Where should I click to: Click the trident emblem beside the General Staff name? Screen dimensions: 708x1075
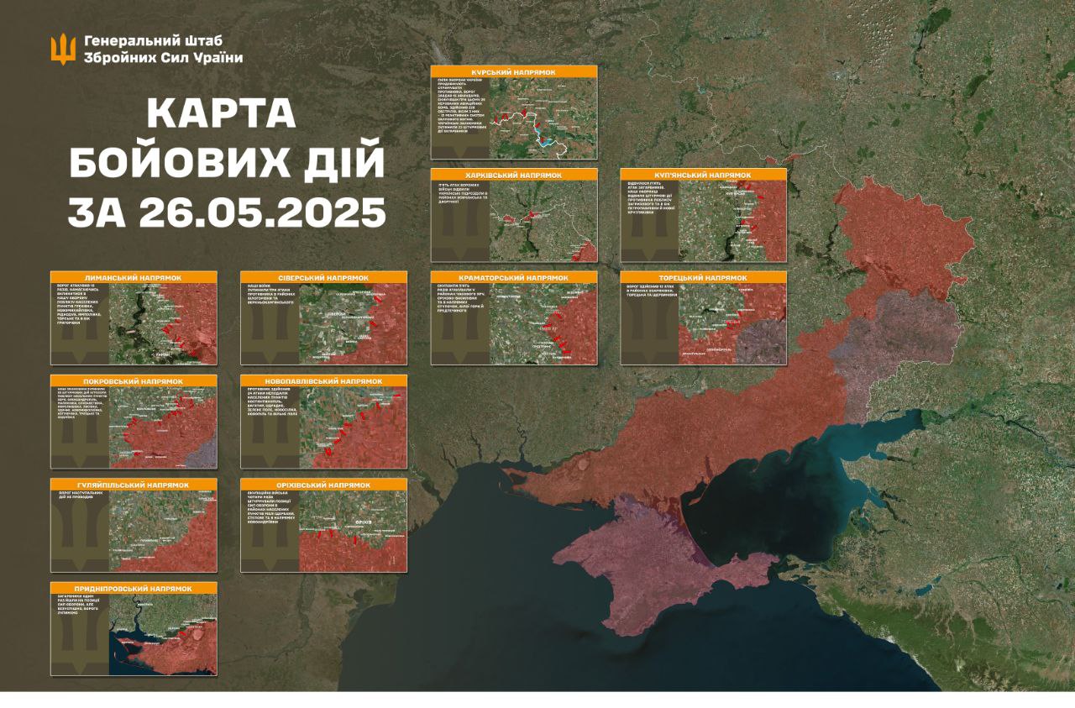(x=63, y=49)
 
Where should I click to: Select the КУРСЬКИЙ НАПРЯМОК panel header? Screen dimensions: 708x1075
(x=514, y=72)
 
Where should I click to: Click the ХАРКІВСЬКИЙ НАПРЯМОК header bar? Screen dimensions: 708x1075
(x=514, y=175)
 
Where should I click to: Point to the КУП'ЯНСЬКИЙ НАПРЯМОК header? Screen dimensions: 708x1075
(x=704, y=175)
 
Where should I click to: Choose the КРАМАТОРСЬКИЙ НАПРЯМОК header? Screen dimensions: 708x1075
(x=514, y=277)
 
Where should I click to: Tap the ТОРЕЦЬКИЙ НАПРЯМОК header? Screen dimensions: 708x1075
(x=704, y=277)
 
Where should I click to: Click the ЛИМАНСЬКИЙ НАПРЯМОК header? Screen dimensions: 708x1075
(x=134, y=277)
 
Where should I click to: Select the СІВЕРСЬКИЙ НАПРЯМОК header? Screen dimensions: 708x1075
(x=323, y=277)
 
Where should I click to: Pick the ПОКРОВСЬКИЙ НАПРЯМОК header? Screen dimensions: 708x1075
(x=134, y=381)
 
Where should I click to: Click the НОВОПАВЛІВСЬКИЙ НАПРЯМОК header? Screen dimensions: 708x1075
(x=323, y=381)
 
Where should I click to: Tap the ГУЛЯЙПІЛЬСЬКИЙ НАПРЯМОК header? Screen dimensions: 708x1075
(x=134, y=485)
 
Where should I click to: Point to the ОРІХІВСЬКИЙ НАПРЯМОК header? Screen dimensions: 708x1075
(x=323, y=485)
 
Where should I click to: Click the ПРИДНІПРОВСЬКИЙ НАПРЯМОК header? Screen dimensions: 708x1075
(x=134, y=589)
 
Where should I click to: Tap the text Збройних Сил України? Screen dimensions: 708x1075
(x=164, y=58)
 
